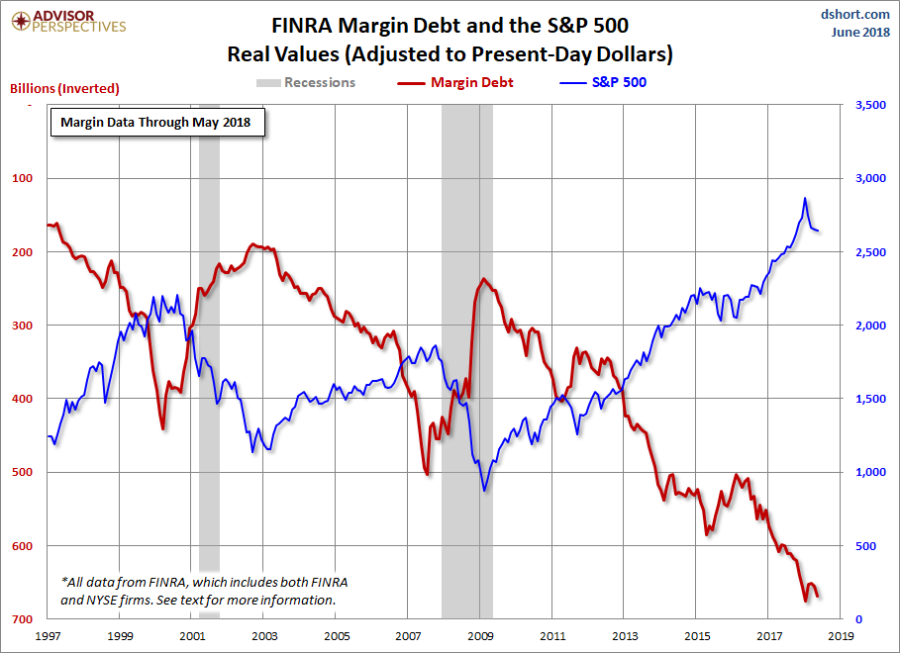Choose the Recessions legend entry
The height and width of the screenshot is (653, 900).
coord(306,82)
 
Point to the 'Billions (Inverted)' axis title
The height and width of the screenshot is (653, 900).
coord(64,88)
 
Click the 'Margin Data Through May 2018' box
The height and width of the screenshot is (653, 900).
coord(156,124)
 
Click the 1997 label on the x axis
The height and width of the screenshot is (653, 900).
coord(47,636)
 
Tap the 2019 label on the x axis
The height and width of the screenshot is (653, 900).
coord(841,636)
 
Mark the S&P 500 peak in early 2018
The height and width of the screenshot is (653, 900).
coord(805,198)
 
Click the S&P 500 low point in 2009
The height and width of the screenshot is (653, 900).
coord(484,490)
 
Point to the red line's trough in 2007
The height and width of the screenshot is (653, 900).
coord(427,475)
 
